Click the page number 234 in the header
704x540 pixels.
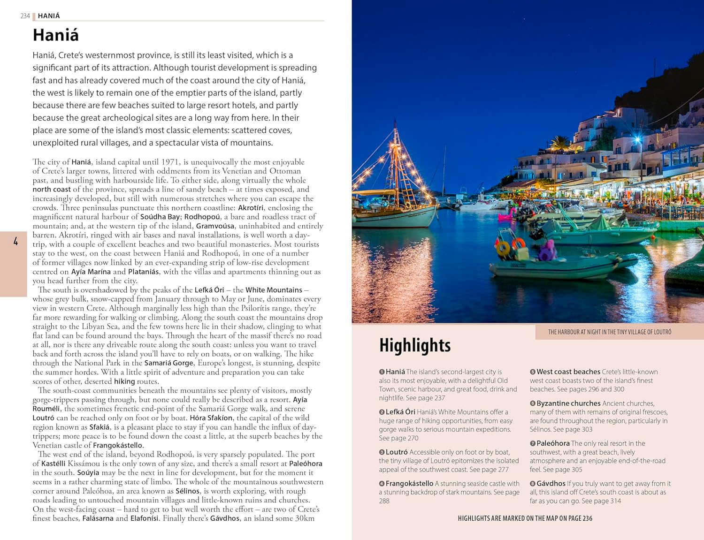coord(25,16)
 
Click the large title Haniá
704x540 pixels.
coord(55,35)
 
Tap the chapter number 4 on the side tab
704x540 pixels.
coord(15,242)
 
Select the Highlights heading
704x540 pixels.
coord(414,345)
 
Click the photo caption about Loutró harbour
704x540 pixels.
coord(609,332)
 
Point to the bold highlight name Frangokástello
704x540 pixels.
coord(409,483)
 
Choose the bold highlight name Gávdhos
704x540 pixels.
coord(551,483)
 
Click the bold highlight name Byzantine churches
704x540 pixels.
coord(568,403)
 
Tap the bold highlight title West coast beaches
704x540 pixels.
coord(568,372)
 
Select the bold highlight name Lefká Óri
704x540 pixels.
coord(400,412)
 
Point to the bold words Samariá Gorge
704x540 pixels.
coord(168,363)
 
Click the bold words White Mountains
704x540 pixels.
coord(274,290)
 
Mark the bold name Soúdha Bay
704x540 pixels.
coord(160,217)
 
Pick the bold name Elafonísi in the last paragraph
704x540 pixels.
coord(144,518)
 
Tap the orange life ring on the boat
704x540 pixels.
coord(503,248)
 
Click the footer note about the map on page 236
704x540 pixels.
coord(525,518)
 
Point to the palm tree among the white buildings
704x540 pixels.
coord(559,143)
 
